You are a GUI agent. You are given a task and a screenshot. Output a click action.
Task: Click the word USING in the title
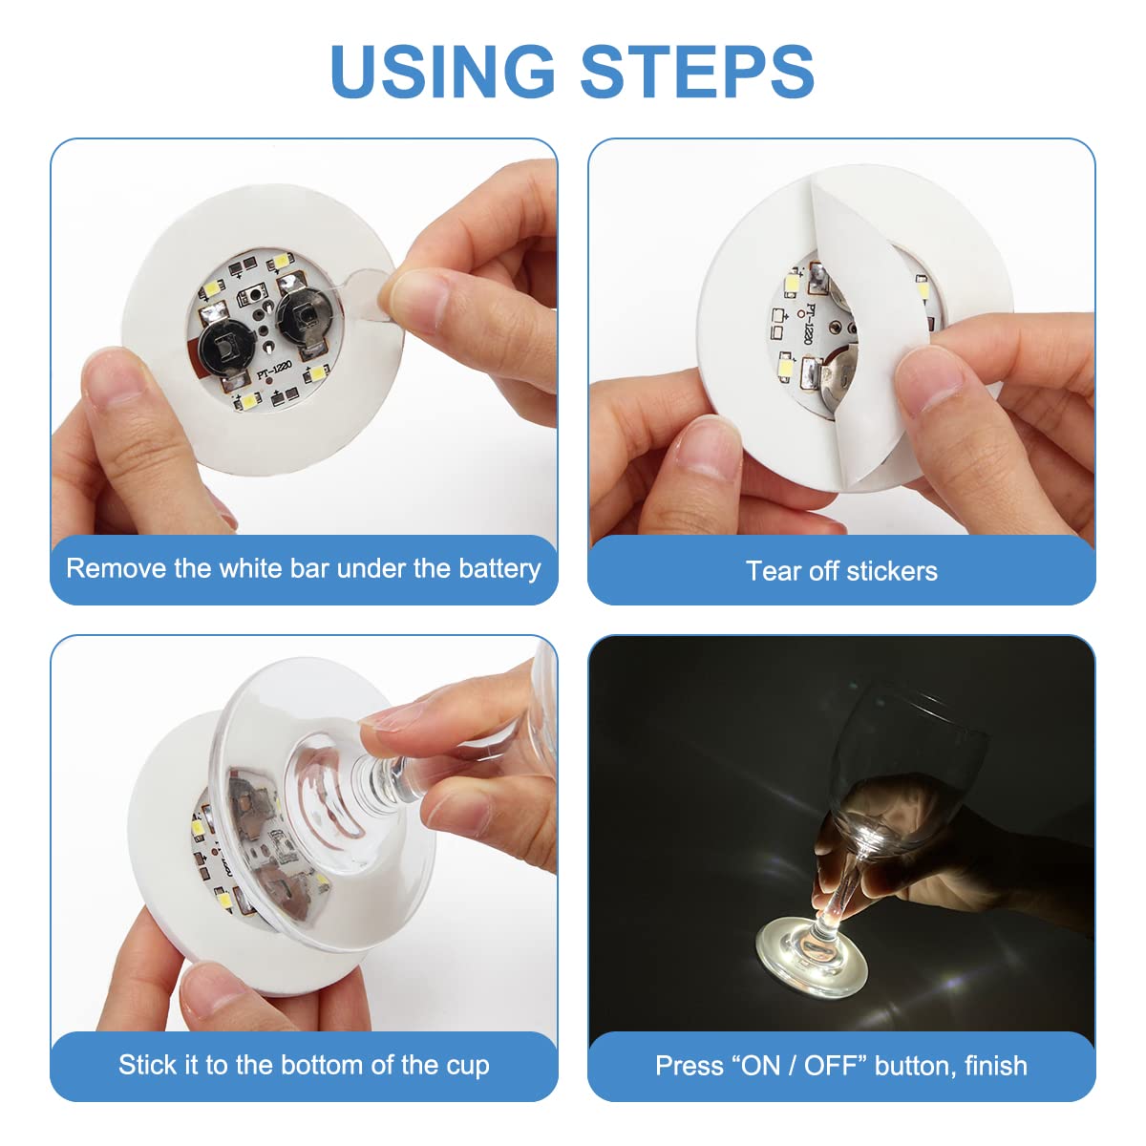pyautogui.click(x=442, y=72)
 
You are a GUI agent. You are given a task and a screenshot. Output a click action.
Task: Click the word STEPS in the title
pyautogui.click(x=697, y=72)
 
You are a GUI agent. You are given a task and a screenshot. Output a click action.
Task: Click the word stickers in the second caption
pyautogui.click(x=891, y=571)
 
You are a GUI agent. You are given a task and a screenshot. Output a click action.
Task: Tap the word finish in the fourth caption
pyautogui.click(x=996, y=1066)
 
